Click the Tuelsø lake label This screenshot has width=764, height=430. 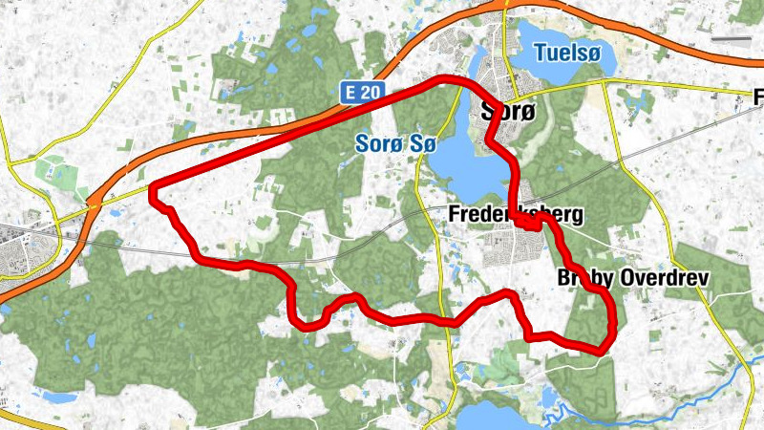pyautogui.click(x=567, y=53)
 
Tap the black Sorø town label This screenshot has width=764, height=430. pyautogui.click(x=510, y=110)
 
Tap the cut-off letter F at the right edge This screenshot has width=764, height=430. pyautogui.click(x=758, y=97)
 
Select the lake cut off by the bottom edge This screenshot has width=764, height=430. pyautogui.click(x=487, y=417)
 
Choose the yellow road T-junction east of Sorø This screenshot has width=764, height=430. pyautogui.click(x=605, y=81)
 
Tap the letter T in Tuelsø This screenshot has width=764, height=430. pyautogui.click(x=541, y=53)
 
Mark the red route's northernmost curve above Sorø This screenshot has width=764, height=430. pyautogui.click(x=447, y=79)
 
